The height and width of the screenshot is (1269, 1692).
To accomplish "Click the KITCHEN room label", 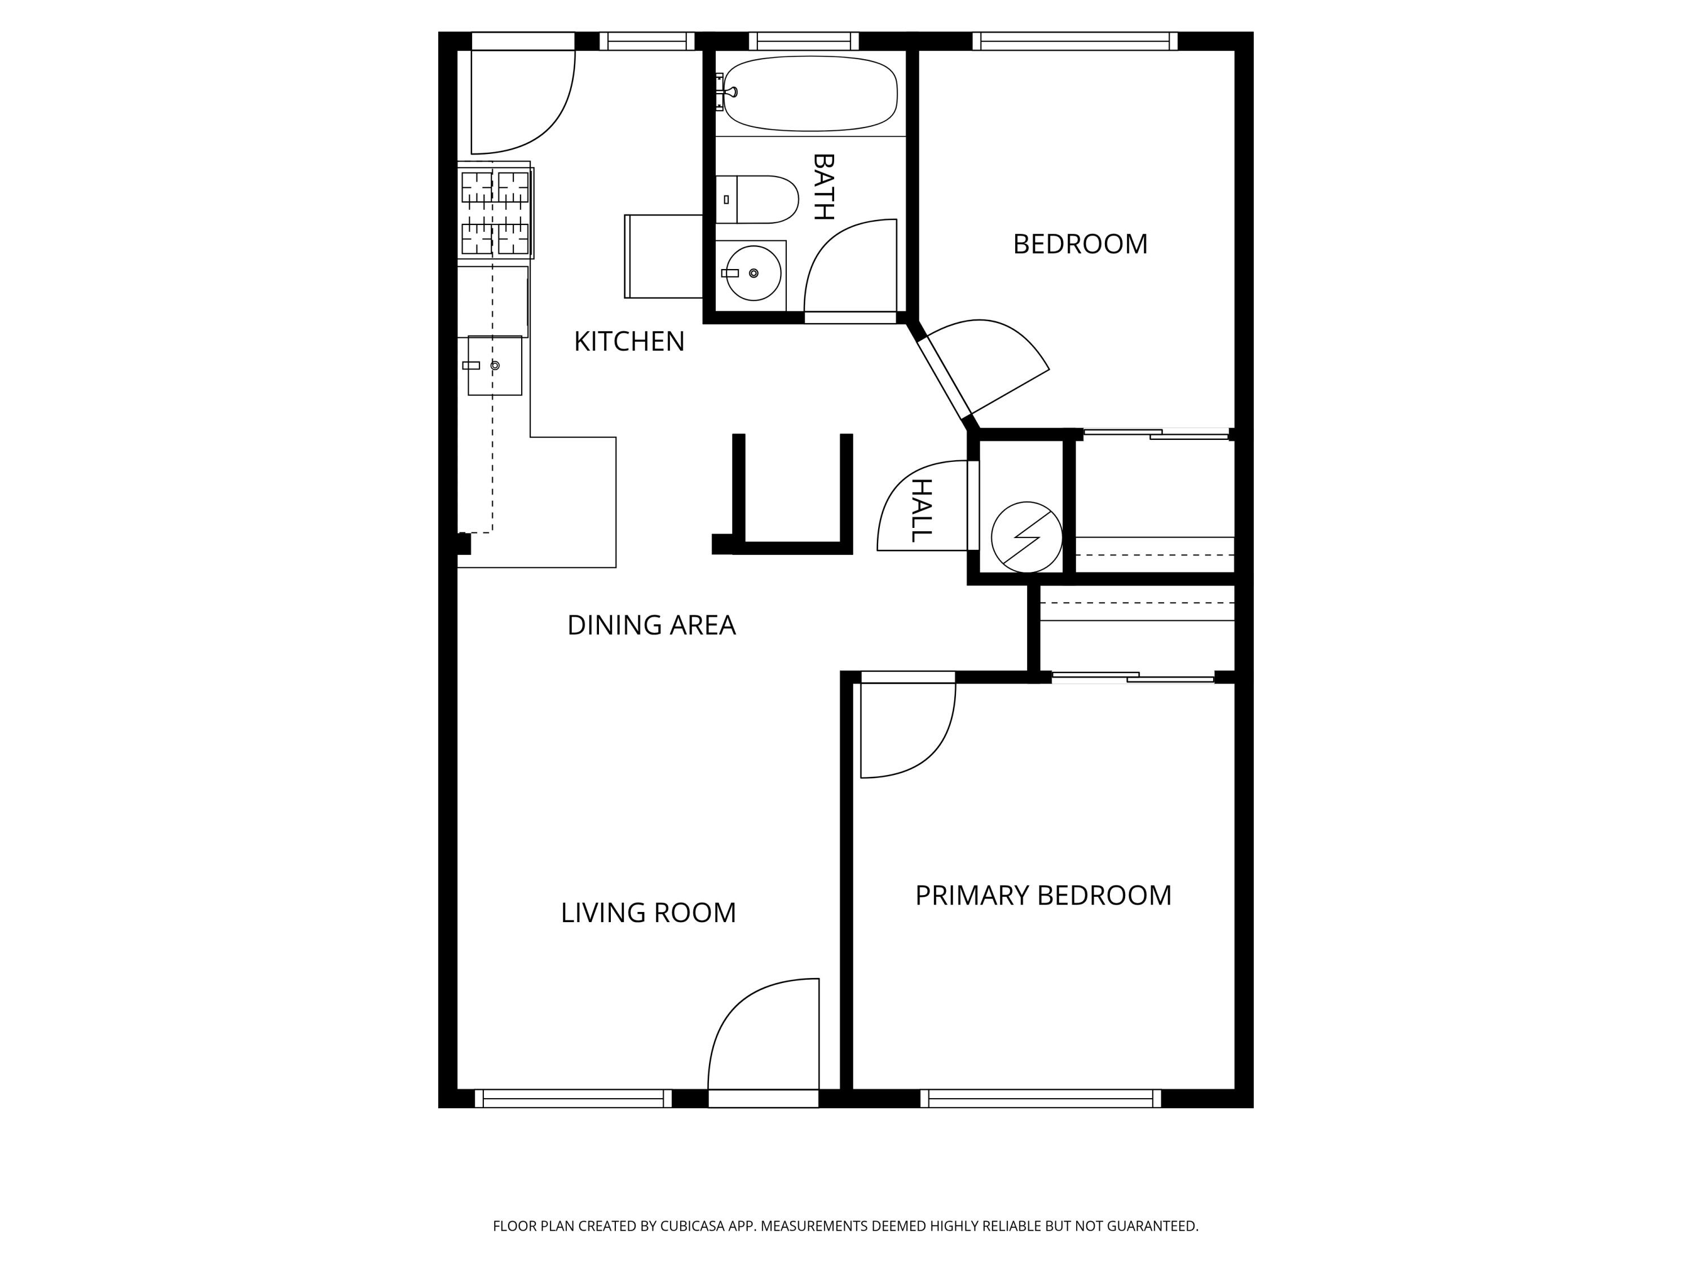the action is (629, 341).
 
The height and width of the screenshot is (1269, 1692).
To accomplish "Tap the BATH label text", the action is (823, 187).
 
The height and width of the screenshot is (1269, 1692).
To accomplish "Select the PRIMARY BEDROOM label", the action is (1043, 895).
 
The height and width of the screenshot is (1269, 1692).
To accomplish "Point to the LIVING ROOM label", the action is (648, 913).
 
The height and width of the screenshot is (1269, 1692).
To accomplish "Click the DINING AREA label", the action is (651, 625).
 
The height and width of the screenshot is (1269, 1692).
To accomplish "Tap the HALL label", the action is (922, 510).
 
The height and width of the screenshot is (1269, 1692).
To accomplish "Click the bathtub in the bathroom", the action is (810, 93).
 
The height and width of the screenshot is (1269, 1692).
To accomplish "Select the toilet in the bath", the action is (756, 200).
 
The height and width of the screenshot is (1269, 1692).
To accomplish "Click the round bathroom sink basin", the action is (754, 273).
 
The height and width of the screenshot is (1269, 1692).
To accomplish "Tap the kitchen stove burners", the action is (496, 213).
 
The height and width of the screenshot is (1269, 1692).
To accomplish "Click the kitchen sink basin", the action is (495, 365).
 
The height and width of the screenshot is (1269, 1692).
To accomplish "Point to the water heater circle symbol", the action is (1026, 537).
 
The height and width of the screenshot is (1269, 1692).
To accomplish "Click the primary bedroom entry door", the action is (908, 730).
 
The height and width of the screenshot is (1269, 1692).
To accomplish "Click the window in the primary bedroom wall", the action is (1040, 1099).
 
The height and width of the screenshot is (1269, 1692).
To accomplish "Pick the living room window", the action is (573, 1099).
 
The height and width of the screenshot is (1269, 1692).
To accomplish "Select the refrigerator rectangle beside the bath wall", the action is (664, 256).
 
